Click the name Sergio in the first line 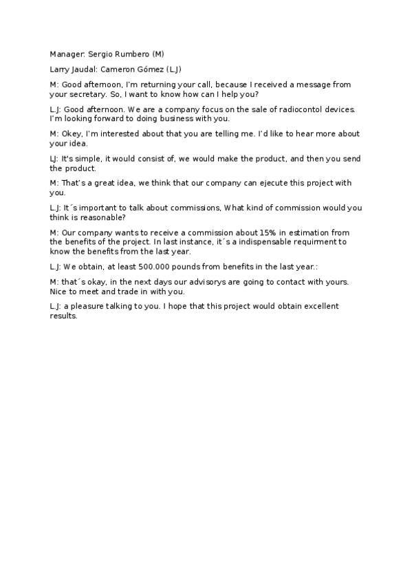click(100, 54)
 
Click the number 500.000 click(160, 266)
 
